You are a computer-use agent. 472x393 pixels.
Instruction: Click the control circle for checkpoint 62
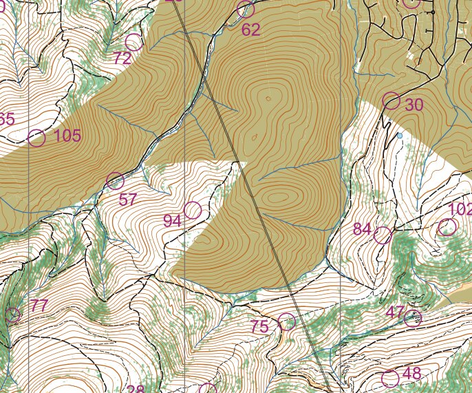point(246,10)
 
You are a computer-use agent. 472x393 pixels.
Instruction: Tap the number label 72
point(122,59)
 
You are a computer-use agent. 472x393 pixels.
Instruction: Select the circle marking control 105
point(37,138)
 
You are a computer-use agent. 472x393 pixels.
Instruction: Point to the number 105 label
point(67,136)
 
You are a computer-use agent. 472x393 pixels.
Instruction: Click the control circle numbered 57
point(116,181)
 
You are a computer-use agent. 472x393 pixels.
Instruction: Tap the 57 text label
point(129,200)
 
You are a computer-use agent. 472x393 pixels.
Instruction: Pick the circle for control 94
point(193,210)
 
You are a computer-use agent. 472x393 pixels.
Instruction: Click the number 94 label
point(172,221)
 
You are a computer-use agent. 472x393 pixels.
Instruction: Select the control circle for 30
point(391,100)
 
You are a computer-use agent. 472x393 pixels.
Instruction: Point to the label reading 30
point(414,105)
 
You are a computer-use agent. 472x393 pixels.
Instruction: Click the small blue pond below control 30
point(399,136)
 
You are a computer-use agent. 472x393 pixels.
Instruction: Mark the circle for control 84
point(383,235)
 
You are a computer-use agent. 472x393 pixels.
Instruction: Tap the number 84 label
point(363,229)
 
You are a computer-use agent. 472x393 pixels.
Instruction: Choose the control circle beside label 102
point(448,227)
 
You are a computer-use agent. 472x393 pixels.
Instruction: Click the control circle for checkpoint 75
point(286,321)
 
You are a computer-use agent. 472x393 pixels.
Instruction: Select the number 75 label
point(259,328)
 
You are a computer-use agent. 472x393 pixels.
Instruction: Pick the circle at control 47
point(412,318)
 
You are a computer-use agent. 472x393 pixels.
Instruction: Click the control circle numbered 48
point(390,379)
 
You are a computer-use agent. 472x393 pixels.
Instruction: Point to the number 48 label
point(411,374)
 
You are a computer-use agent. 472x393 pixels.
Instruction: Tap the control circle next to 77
point(12,316)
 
